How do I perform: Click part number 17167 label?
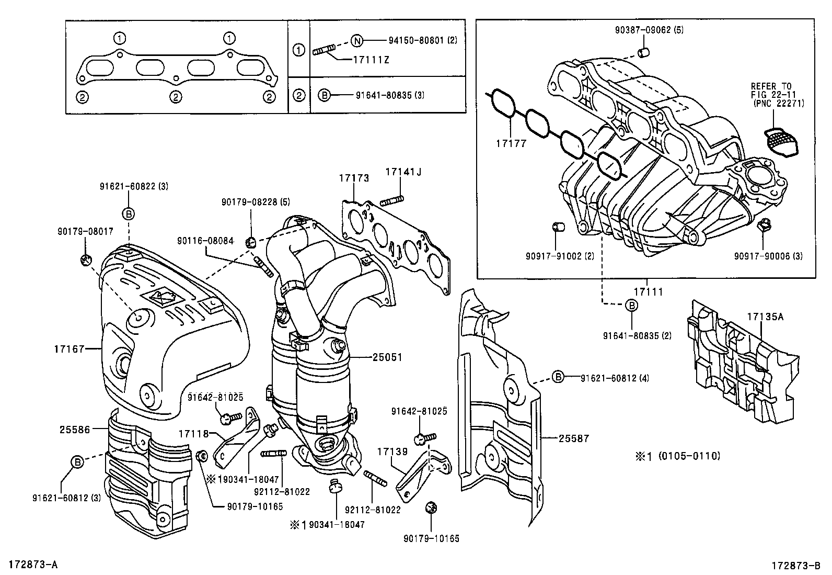[68, 348]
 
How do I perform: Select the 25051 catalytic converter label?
[387, 357]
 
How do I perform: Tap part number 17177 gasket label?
[512, 143]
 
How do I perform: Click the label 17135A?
[765, 317]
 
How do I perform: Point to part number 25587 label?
[573, 438]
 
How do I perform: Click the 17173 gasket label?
[354, 178]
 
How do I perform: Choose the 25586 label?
[75, 430]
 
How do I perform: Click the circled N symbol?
[356, 40]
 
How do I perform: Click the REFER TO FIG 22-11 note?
[778, 95]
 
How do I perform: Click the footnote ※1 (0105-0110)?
[677, 456]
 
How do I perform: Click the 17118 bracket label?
[193, 434]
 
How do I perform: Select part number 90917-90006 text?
[768, 256]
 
